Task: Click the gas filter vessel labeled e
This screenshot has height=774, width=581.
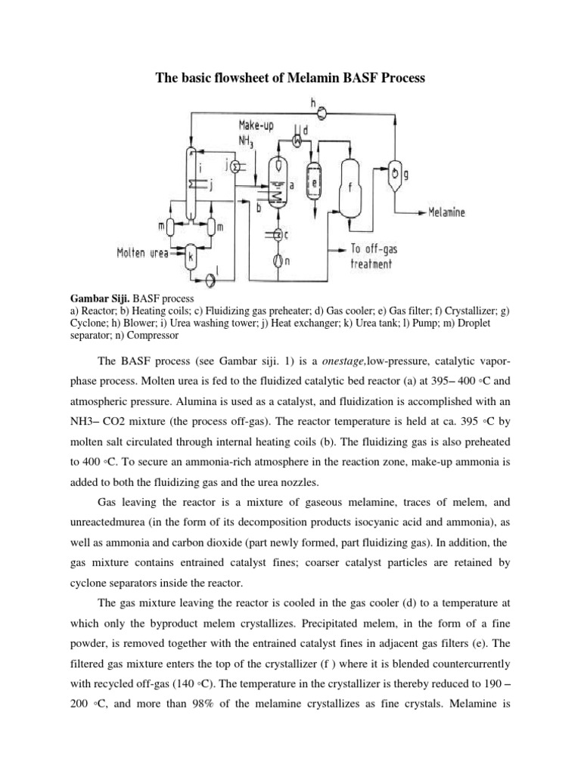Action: [312, 182]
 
